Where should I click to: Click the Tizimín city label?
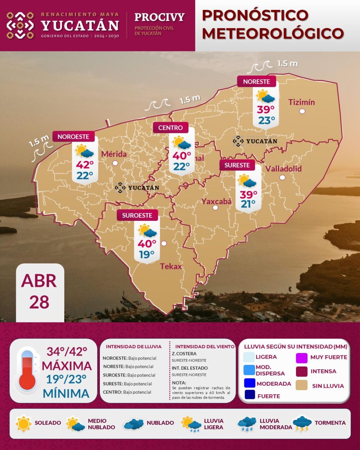pos(301,102)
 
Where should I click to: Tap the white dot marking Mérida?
pos(115,163)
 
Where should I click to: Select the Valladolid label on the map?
pos(283,169)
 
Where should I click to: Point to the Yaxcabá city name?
pos(216,201)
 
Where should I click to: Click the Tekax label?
pos(171,266)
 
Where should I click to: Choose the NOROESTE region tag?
pos(73,136)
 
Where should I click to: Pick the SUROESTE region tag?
pos(137,216)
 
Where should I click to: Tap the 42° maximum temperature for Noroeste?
pos(85,165)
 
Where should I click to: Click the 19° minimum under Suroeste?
pos(147,254)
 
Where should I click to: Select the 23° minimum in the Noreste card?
pos(266,121)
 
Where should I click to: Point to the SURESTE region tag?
pos(237,165)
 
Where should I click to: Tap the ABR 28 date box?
pos(39,292)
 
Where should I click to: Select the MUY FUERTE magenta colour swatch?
pos(302,358)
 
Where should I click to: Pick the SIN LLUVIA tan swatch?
pos(302,385)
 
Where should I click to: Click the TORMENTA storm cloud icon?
pos(302,423)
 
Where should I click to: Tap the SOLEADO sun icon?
pos(24,423)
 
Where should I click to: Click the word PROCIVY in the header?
pos(159,17)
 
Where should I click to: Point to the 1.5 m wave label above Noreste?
pos(287,64)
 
